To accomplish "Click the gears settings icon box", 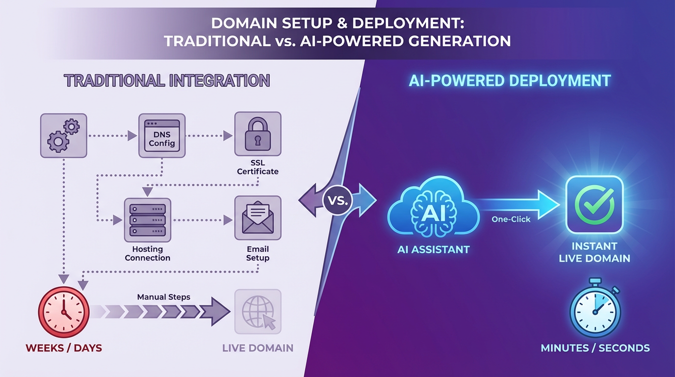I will pos(63,135).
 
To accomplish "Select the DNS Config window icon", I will pos(161,135).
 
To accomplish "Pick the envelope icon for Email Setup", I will pos(258,218).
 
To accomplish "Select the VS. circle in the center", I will pos(337,200).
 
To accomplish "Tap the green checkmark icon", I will pos(594,205).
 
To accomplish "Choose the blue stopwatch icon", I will pos(595,308).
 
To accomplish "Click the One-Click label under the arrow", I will pos(511,219).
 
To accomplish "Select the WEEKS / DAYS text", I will pos(64,349).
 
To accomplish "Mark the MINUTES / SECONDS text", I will pos(595,349).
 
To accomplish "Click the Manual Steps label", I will pos(163,297).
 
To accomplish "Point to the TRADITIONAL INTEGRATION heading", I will pos(167,81).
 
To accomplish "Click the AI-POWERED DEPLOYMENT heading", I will pos(510,81).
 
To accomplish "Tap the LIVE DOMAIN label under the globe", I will pos(258,349).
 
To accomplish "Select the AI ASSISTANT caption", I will pos(433,249).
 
